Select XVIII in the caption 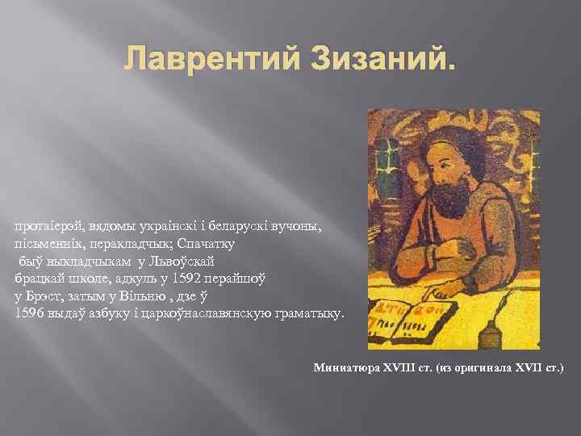point(399,368)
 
